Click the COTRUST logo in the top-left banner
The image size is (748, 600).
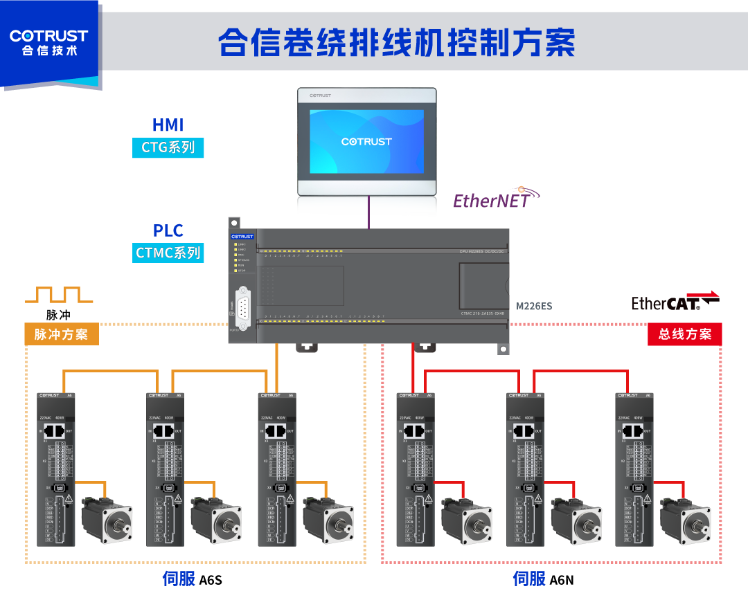48,42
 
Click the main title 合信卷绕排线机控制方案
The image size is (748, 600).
396,43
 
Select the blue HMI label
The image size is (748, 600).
168,125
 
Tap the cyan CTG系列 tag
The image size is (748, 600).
168,147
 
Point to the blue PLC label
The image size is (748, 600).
168,230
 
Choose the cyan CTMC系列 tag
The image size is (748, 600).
168,253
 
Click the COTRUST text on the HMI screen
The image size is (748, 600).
366,141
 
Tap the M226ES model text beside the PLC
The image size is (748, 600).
534,306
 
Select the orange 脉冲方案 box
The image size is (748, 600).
61,335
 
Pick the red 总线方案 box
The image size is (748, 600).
684,334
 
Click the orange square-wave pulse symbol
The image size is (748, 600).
59,295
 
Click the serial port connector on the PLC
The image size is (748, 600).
243,304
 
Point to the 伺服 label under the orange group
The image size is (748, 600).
179,579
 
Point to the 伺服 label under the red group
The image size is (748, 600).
529,579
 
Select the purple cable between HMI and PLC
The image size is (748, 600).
368,212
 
